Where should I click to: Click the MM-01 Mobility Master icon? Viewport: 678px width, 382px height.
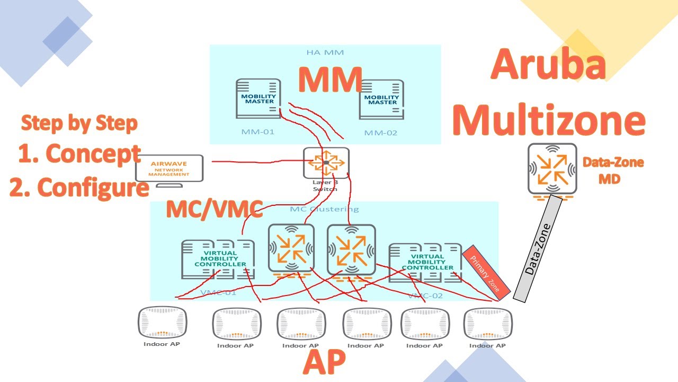[x=258, y=99]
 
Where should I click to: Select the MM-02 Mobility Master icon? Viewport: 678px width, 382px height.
[x=381, y=100]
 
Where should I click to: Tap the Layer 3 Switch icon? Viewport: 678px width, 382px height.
[x=326, y=163]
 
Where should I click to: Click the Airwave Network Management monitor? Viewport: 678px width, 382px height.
[x=169, y=169]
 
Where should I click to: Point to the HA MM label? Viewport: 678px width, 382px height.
[x=325, y=52]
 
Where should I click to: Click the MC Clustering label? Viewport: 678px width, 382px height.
[x=324, y=209]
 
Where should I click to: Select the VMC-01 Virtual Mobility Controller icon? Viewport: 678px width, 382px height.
[x=218, y=259]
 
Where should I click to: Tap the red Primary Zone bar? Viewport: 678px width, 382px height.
[x=486, y=271]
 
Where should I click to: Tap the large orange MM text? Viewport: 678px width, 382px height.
[x=329, y=80]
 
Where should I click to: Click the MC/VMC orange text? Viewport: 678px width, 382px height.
[x=214, y=209]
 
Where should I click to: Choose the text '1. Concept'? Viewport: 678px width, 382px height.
[x=79, y=154]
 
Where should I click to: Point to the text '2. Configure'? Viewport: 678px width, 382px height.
[x=79, y=187]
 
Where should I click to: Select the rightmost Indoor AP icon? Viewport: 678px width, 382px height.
[x=488, y=324]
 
